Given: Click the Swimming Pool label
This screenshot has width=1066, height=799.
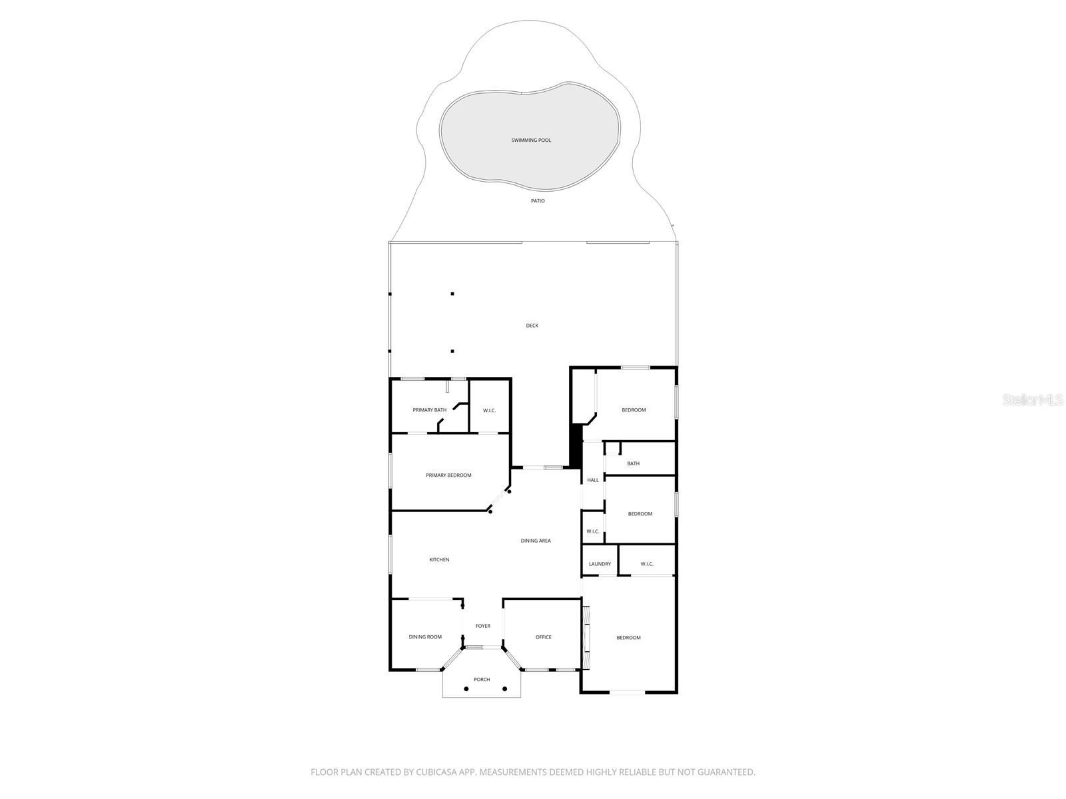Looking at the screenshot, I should [531, 140].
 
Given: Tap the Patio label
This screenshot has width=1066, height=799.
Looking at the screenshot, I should [538, 201].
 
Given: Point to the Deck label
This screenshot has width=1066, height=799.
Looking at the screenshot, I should [532, 326].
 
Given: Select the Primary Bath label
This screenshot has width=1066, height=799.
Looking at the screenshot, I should [429, 410].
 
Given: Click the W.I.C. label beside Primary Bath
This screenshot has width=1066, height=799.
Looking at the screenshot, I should [489, 410].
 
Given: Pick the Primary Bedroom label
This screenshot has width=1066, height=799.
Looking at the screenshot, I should [448, 475].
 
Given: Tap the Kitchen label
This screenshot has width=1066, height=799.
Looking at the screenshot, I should [439, 560].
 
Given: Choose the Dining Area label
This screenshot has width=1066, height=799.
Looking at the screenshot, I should [536, 541].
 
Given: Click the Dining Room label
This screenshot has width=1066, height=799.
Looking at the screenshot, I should [425, 637].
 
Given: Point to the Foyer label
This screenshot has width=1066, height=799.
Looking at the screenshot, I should [483, 626].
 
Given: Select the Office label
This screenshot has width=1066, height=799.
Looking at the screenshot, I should [544, 637].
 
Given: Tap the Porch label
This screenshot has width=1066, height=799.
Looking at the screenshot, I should [482, 680].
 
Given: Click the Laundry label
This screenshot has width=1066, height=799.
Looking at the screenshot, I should [600, 564].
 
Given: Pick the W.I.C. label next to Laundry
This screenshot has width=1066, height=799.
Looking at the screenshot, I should [647, 564].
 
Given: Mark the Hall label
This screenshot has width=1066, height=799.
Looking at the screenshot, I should [593, 480].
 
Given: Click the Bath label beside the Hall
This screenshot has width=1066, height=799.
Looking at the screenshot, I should [633, 463].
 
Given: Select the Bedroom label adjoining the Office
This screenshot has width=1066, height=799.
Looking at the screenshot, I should [628, 638].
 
